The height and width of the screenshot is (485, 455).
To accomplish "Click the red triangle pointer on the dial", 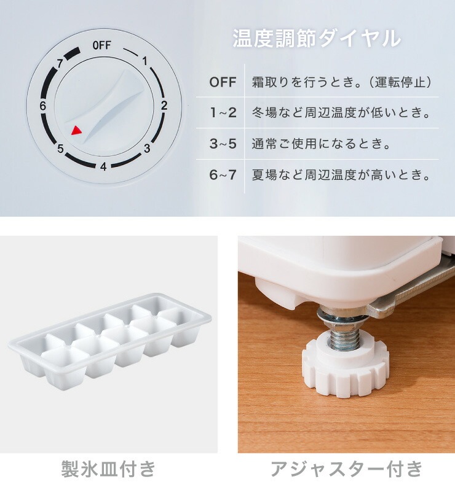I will click(x=76, y=130).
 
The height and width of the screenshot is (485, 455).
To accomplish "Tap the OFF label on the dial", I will click(x=101, y=45).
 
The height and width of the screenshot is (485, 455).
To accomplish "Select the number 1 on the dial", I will click(x=145, y=61).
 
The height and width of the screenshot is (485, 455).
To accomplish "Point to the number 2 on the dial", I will click(x=164, y=105).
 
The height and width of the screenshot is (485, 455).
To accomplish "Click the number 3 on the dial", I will click(x=147, y=148).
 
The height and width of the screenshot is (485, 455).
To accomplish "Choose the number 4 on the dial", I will click(x=103, y=166).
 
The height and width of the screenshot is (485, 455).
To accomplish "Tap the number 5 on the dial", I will click(x=60, y=149).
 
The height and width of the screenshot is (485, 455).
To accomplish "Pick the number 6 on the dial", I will click(x=42, y=106).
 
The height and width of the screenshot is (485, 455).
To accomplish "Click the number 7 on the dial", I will click(x=60, y=63).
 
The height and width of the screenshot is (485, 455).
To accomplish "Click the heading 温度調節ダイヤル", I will click(x=317, y=38).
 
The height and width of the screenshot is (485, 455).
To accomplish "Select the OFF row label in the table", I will click(x=223, y=82).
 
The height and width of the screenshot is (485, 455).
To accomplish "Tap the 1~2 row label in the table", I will click(x=223, y=113).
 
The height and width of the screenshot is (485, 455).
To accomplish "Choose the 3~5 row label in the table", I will click(x=223, y=144).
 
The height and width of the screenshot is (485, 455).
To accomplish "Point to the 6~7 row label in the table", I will click(x=223, y=175).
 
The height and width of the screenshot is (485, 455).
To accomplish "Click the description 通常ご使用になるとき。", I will click(x=322, y=144).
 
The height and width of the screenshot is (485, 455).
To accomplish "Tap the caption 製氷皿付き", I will click(x=108, y=469).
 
